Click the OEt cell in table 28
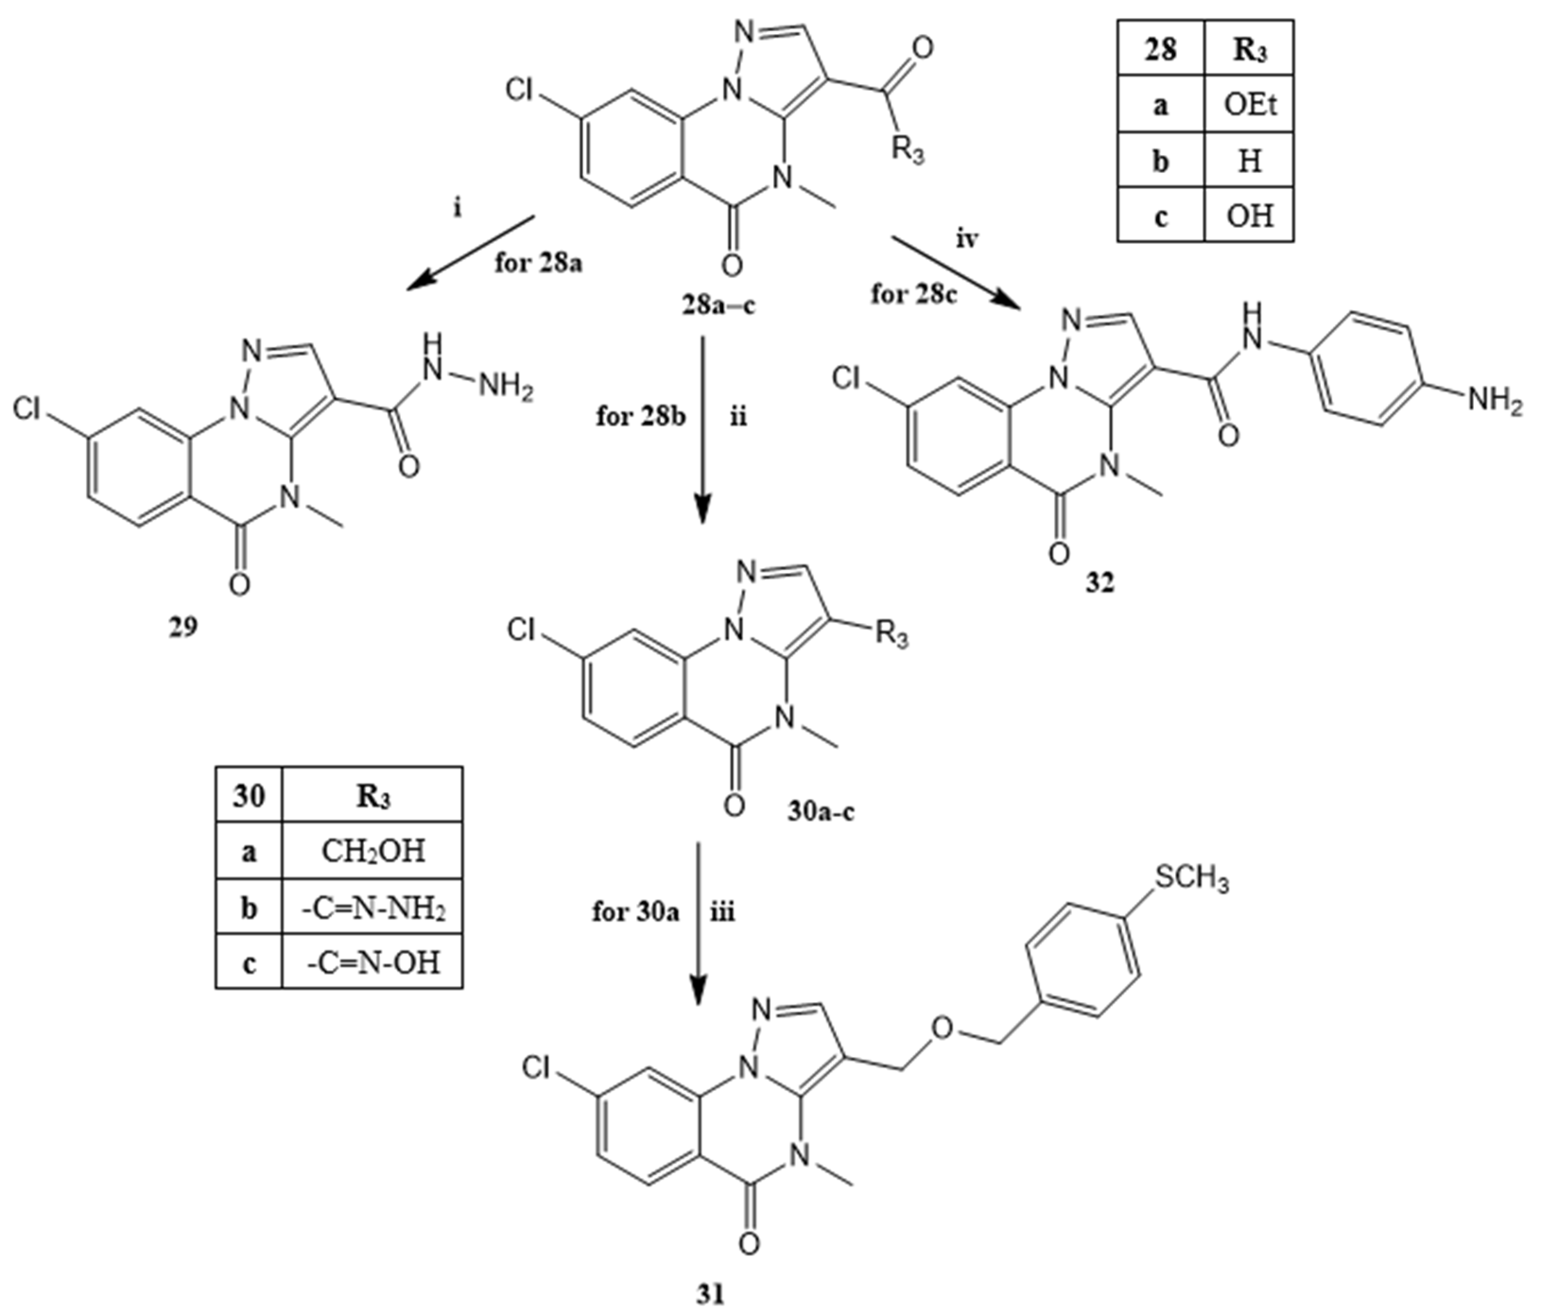(1249, 105)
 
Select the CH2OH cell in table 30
(373, 851)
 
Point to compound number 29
(183, 627)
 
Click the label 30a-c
(821, 811)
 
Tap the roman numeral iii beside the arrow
(723, 912)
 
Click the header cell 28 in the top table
(1160, 50)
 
